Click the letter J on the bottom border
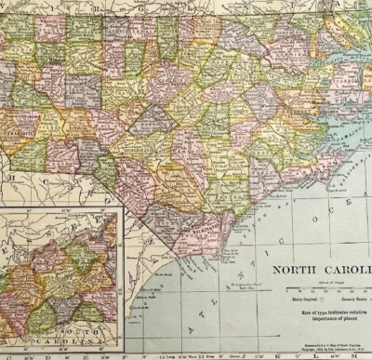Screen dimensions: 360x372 [x=267, y=354]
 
